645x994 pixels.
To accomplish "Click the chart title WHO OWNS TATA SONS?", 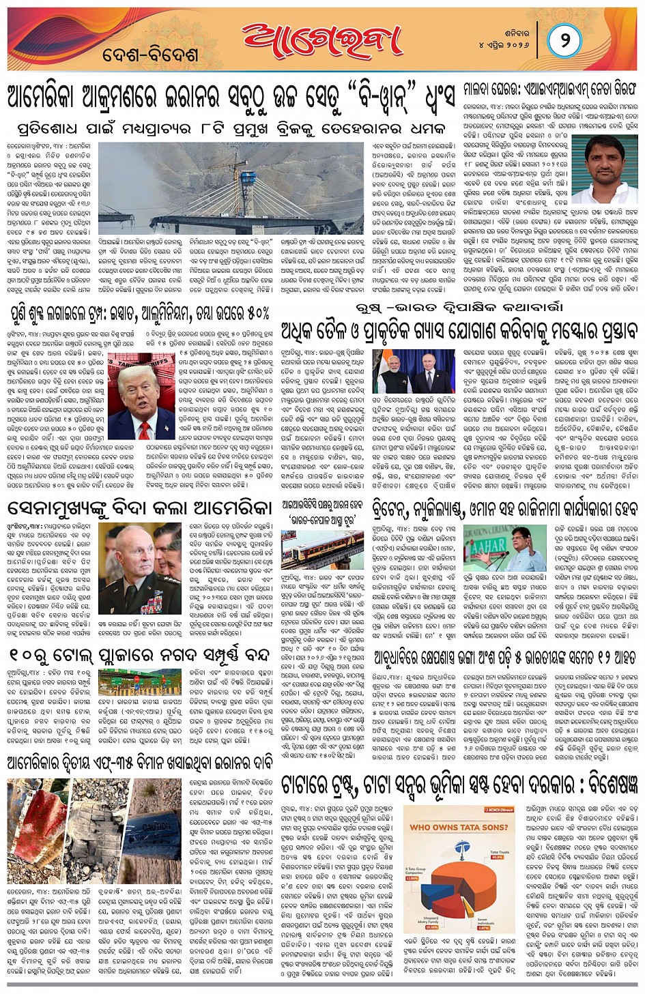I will [x=458, y=827].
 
